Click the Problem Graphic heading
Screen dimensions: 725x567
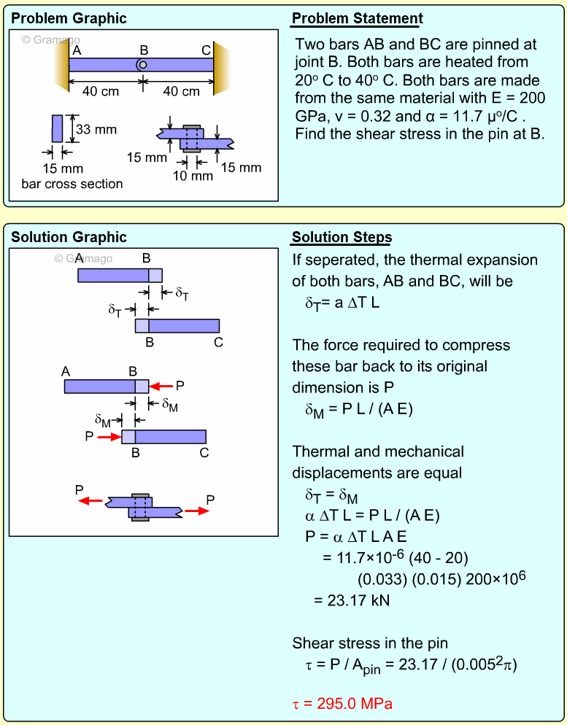[x=69, y=18]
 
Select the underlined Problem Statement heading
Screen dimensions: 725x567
[x=357, y=18]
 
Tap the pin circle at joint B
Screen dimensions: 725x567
[x=143, y=64]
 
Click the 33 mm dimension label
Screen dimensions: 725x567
[x=96, y=130]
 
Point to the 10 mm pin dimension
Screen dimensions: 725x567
[x=193, y=175]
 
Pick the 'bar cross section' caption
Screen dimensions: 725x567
[x=72, y=184]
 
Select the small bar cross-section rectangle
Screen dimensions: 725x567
[x=57, y=128]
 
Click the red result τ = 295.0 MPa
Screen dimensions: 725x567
[x=342, y=704]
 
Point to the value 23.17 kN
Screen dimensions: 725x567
[x=351, y=600]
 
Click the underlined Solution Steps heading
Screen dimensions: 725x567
[x=342, y=237]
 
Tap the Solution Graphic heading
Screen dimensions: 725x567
[x=69, y=237]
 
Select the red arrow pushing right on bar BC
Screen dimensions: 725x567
[x=109, y=437]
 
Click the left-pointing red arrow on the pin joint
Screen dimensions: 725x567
[x=91, y=501]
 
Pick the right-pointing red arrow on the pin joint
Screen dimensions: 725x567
[x=196, y=511]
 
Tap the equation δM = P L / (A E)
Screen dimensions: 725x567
[x=359, y=409]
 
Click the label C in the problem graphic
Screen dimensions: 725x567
[x=207, y=50]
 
